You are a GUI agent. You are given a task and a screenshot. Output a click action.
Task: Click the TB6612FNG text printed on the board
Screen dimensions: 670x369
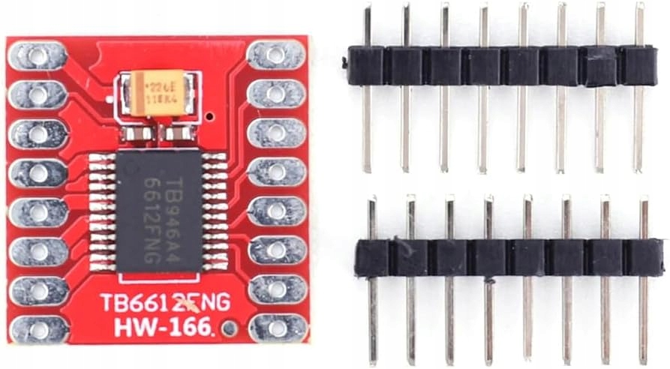pyautogui.click(x=165, y=302)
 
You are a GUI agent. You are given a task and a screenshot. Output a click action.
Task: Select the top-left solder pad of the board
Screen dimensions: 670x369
pyautogui.click(x=38, y=55)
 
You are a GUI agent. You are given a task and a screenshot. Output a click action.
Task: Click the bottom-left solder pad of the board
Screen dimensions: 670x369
pyautogui.click(x=38, y=328)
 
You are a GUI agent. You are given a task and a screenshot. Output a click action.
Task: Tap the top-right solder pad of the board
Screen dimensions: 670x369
pyautogui.click(x=277, y=55)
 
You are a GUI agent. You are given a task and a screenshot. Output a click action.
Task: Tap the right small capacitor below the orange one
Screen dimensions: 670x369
pyautogui.click(x=179, y=134)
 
